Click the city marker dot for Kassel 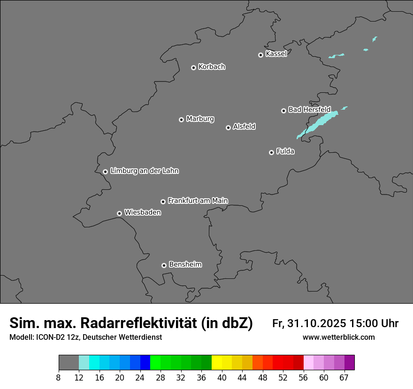(260, 55)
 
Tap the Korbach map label (212, 67)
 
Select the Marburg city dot (181, 120)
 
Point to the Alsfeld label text (244, 127)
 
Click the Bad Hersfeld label (309, 110)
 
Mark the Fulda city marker (271, 152)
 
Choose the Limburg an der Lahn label (145, 171)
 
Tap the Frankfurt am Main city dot (163, 202)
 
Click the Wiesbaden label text (143, 212)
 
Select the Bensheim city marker (164, 265)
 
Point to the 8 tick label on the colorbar (58, 378)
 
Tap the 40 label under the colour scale (222, 378)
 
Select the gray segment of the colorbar (69, 363)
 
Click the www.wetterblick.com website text (339, 337)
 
